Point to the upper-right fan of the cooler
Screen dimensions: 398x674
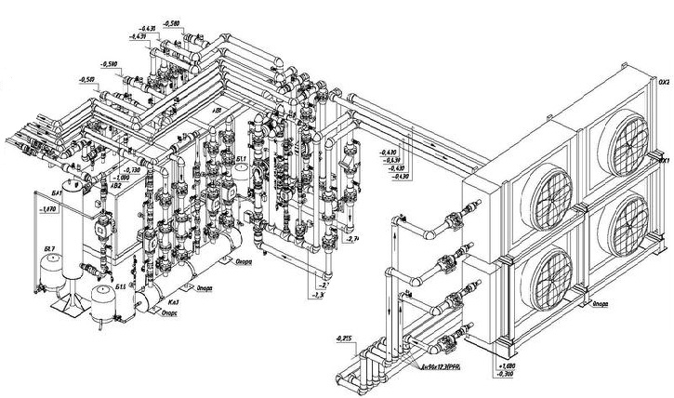(x=623, y=137)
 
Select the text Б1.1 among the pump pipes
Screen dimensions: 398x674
(x=241, y=160)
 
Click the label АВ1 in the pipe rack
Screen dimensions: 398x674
(x=218, y=109)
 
